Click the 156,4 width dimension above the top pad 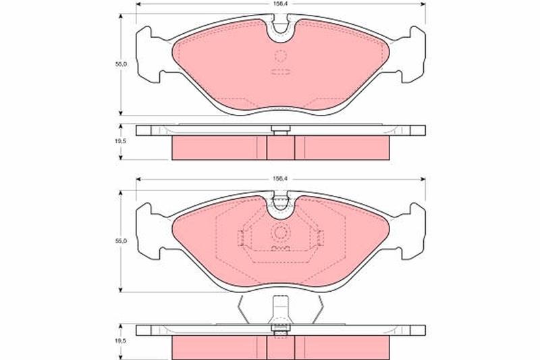[x=281, y=5]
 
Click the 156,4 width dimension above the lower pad [x=281, y=179]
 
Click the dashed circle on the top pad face [x=281, y=56]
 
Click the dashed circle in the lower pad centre [x=281, y=233]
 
